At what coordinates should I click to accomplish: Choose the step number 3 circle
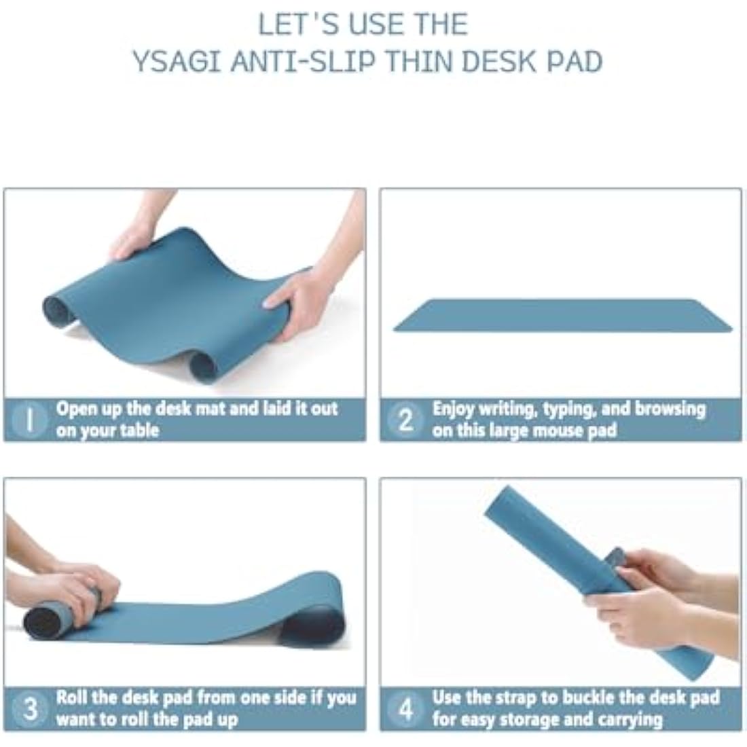pos(30,709)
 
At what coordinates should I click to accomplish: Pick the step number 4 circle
pos(405,709)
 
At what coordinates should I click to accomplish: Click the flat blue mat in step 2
pos(562,316)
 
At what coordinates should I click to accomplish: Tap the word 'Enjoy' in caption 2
pos(453,409)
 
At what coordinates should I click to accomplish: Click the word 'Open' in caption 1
pos(75,409)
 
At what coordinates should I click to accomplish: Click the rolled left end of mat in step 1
pos(57,312)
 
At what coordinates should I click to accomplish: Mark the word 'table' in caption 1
pos(139,431)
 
